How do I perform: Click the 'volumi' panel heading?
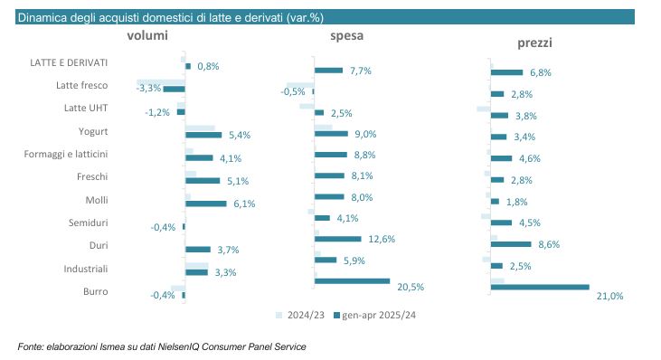tap(147, 35)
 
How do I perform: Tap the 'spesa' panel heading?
tap(346, 36)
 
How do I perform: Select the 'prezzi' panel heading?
tap(534, 43)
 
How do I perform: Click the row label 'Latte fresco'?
tap(81, 85)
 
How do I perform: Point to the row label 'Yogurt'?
tap(93, 131)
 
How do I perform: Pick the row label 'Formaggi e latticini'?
tap(66, 155)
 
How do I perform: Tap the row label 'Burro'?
tap(96, 292)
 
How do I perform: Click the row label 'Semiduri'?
tap(88, 223)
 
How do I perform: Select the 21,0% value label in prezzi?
tap(609, 296)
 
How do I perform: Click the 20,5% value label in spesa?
tap(411, 287)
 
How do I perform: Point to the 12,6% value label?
tap(382, 240)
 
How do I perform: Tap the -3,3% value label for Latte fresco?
tap(149, 88)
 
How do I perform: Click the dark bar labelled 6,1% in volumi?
tap(206, 204)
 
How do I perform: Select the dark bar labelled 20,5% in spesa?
tap(353, 281)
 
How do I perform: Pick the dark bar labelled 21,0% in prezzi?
tap(540, 287)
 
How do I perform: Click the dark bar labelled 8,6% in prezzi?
tap(511, 244)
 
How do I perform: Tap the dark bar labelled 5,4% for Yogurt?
tap(203, 135)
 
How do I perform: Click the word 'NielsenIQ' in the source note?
tap(178, 347)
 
